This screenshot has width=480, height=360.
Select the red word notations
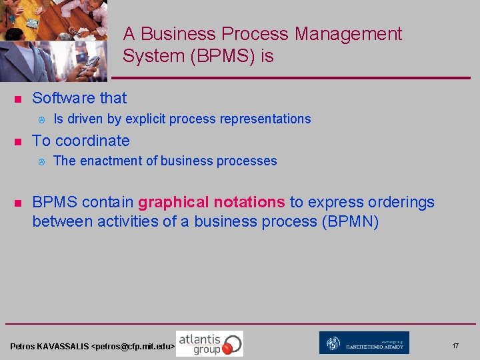coord(249,202)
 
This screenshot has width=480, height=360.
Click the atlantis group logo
coord(209,343)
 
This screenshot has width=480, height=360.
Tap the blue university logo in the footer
coord(364,343)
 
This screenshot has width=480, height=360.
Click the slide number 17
coord(455,346)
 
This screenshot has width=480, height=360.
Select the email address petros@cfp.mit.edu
coord(133,347)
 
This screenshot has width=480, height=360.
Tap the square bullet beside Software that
coord(18,99)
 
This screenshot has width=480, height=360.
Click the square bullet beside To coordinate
coord(18,142)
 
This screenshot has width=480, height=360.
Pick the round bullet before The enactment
coord(41,161)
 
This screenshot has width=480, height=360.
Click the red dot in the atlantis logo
coord(229,347)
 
